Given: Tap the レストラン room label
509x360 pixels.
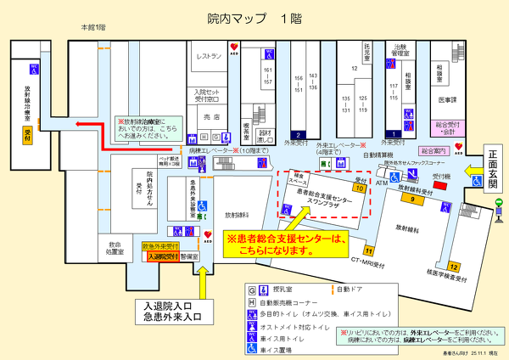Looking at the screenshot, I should point(209,56).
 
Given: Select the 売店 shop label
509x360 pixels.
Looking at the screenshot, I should point(212,116).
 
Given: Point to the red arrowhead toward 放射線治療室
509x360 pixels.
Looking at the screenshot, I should point(79,124).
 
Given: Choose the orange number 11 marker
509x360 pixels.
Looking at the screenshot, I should point(368,251).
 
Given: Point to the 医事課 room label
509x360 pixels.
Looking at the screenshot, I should point(447,100).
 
